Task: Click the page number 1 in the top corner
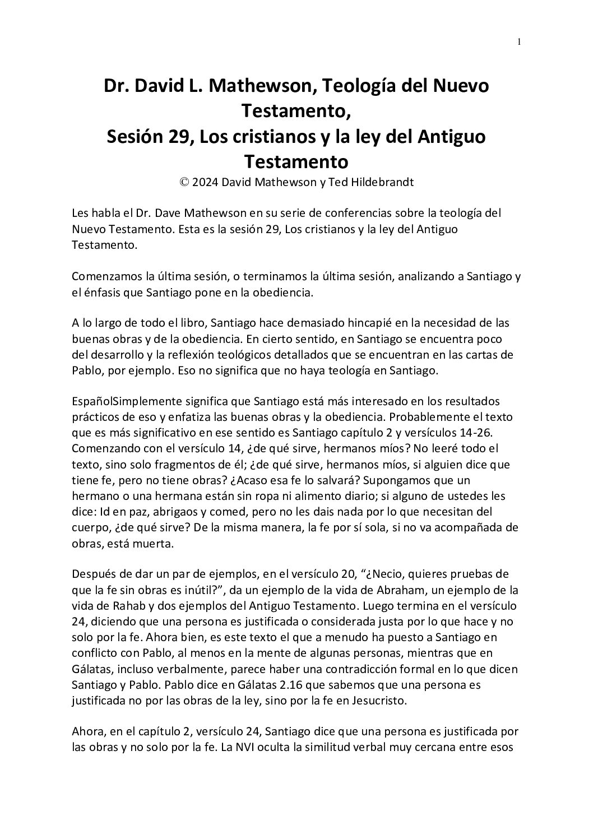pos(520,41)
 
